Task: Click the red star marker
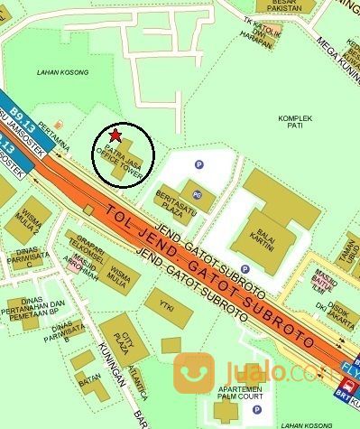[x=117, y=135]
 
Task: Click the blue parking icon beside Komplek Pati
[x=225, y=164]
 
